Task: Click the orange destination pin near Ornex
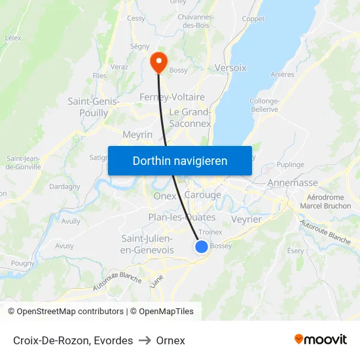click(158, 62)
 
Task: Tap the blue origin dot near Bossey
click(202, 246)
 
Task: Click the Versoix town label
click(230, 67)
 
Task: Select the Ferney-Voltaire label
click(172, 97)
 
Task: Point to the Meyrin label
click(137, 134)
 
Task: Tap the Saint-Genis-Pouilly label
click(93, 107)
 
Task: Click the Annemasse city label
click(293, 183)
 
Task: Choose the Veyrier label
click(246, 219)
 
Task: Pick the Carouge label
click(203, 195)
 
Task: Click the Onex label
click(165, 196)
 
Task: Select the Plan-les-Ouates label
click(182, 217)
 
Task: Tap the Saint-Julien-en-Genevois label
click(148, 244)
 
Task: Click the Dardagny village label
click(64, 186)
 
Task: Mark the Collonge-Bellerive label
click(264, 105)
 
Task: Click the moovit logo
click(320, 339)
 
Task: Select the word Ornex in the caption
click(170, 340)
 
